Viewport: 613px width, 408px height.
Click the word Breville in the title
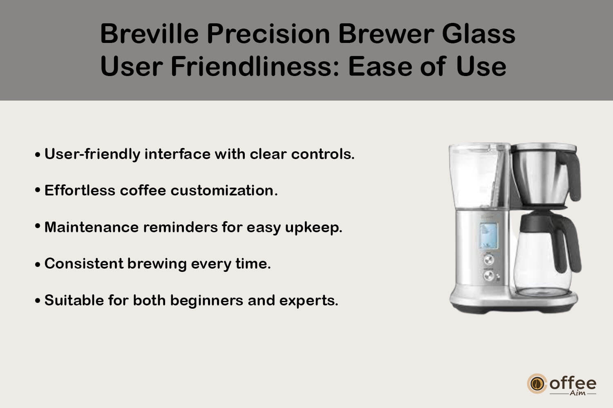pos(150,34)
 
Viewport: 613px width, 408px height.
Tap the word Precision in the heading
pos(268,34)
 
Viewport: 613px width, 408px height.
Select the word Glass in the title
pos(479,34)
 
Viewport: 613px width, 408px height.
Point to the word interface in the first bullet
pos(177,154)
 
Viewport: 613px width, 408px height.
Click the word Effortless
pos(80,190)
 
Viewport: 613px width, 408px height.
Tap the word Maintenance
pos(92,227)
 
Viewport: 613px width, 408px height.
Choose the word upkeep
pos(313,228)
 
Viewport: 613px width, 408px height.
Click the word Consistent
pos(84,263)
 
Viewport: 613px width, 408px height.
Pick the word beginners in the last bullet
pos(206,300)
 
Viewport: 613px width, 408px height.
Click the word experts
pos(309,300)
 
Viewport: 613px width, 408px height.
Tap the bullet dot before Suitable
pos(38,300)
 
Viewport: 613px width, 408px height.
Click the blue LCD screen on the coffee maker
pos(488,236)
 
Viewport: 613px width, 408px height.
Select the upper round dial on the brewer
pos(488,259)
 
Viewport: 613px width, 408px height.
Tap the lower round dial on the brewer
pos(488,276)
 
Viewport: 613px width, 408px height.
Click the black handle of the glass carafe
pos(568,244)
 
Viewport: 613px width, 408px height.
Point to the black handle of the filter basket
pos(571,175)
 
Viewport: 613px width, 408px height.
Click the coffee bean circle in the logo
pos(537,383)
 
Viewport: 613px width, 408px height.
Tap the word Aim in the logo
pos(577,393)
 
